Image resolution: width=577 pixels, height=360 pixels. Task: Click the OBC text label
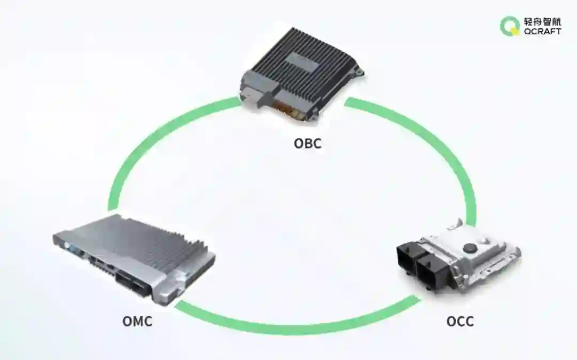(x=308, y=144)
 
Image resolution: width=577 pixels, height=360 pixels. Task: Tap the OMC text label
(x=137, y=322)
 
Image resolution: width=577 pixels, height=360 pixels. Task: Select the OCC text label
(x=460, y=322)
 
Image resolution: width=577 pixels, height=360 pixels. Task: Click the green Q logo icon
(x=509, y=26)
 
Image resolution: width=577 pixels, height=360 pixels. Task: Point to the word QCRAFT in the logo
(x=542, y=32)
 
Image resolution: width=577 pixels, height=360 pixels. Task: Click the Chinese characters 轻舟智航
(x=542, y=21)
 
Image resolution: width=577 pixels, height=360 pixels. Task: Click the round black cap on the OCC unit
(x=470, y=247)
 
